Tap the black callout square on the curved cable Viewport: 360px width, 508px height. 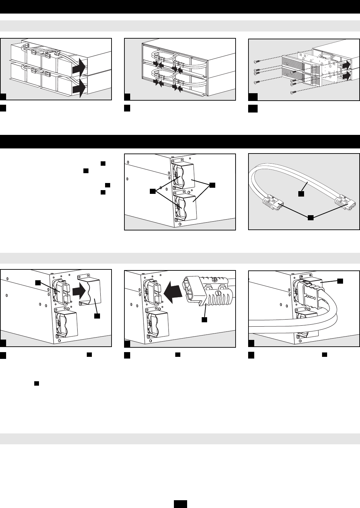pyautogui.click(x=301, y=194)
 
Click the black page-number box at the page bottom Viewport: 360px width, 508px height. pyautogui.click(x=180, y=504)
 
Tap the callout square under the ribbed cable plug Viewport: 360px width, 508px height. pyautogui.click(x=204, y=319)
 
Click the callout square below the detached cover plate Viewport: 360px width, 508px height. pyautogui.click(x=97, y=316)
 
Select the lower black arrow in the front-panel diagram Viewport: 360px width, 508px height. pyautogui.click(x=347, y=76)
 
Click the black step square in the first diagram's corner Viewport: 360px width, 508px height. pyautogui.click(x=3, y=97)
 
